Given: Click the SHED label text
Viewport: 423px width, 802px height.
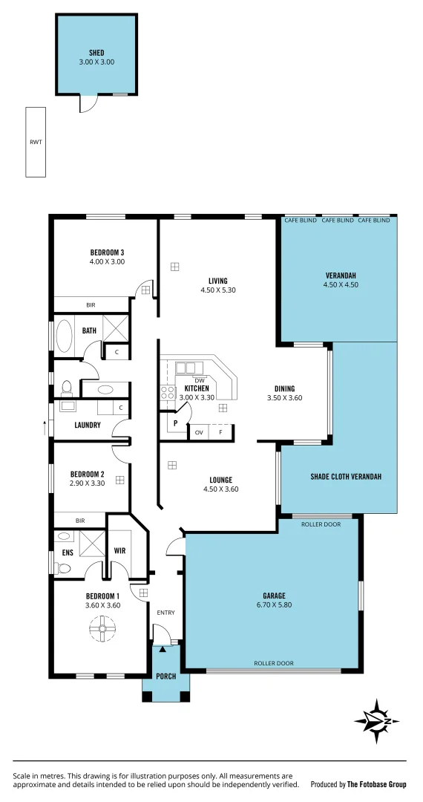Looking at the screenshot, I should click(96, 53).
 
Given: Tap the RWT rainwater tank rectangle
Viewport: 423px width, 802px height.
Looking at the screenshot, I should click(36, 142).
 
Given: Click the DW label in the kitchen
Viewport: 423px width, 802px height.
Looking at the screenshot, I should click(199, 380).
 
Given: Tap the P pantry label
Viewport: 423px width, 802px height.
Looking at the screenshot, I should click(175, 424).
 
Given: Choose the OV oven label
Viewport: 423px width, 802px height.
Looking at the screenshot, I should click(199, 432).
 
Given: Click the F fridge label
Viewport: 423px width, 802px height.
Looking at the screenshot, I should click(220, 432).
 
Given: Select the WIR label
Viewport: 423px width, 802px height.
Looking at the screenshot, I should click(119, 551).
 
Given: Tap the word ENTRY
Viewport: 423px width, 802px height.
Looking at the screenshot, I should click(165, 613).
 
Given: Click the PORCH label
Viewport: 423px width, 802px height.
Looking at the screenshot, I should click(165, 677).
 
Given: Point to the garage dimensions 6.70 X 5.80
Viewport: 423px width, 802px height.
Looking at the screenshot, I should click(274, 605).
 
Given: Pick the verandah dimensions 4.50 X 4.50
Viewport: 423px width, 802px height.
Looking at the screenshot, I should click(341, 284).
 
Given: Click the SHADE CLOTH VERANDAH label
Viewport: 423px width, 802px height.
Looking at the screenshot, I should click(346, 477).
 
